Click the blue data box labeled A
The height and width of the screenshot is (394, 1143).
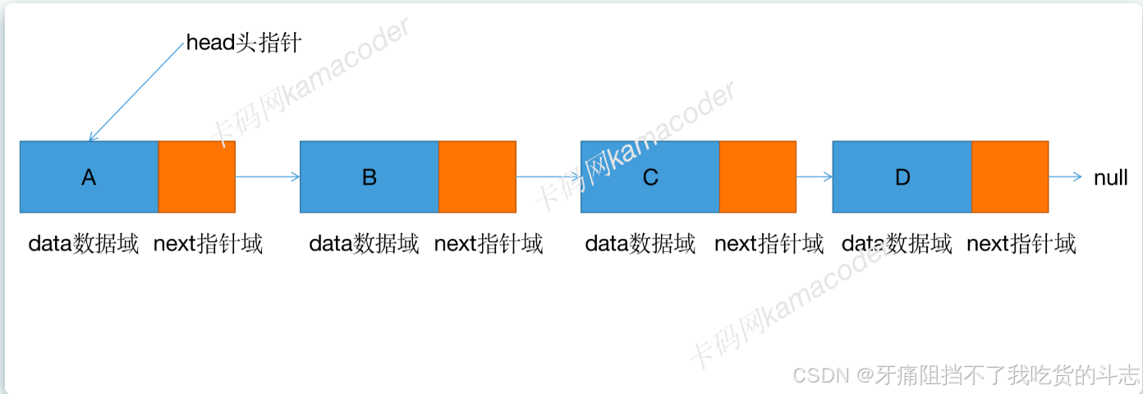[x=89, y=176]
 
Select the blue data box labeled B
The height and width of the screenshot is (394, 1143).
[x=369, y=176]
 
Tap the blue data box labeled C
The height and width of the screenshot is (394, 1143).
[x=650, y=176]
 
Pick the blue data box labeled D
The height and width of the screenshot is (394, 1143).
[x=902, y=176]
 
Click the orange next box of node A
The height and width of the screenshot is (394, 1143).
[x=197, y=176]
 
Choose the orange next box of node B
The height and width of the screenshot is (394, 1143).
[x=477, y=176]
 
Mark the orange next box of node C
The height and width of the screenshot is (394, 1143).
[x=758, y=176]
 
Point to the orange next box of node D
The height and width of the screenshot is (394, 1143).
[x=1010, y=176]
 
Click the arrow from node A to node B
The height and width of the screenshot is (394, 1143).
[x=268, y=176]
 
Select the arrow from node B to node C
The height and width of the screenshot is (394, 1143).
[x=548, y=176]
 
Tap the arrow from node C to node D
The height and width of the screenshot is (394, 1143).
[x=814, y=176]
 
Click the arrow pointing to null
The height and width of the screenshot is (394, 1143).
[x=1065, y=176]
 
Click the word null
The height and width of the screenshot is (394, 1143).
[x=1110, y=177]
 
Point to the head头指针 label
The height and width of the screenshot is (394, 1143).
[x=244, y=43]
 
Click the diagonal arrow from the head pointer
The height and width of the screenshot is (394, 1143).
[x=136, y=91]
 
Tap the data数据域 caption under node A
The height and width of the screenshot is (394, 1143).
[x=84, y=244]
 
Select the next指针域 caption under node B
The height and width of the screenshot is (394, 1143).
[x=489, y=244]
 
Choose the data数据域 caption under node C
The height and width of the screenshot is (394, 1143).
[x=640, y=244]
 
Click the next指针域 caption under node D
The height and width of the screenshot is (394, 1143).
[x=1021, y=244]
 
